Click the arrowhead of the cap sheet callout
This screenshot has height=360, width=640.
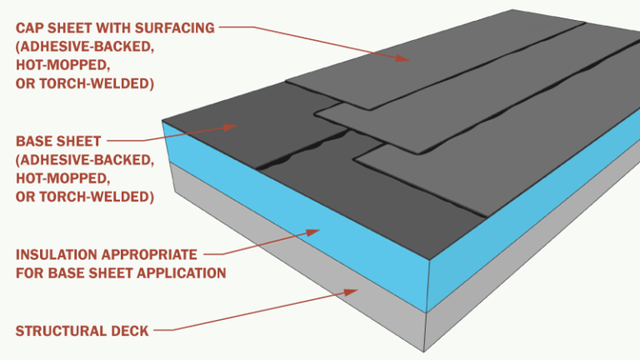407,59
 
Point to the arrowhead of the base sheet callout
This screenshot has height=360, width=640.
236,127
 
